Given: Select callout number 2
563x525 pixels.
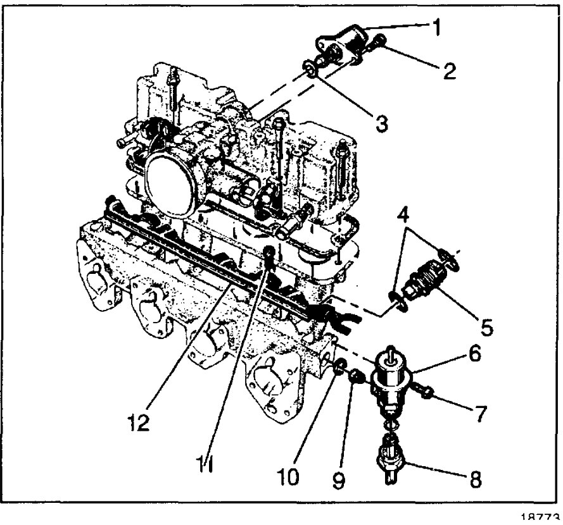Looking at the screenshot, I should [x=450, y=71].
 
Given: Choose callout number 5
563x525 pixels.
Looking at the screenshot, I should [x=486, y=330].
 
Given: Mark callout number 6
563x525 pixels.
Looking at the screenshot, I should [x=474, y=355].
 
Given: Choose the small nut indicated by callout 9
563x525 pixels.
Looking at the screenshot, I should [x=357, y=378].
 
